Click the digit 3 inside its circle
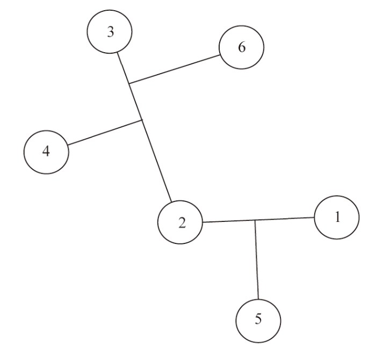click(110, 32)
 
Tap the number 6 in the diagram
click(242, 47)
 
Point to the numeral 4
click(46, 152)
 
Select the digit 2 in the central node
click(182, 223)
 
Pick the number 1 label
click(337, 217)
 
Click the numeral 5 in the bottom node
click(258, 319)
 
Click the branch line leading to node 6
click(175, 69)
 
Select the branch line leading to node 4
click(105, 132)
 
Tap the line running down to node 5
click(257, 260)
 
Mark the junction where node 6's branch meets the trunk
click(129, 83)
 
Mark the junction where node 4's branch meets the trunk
click(142, 120)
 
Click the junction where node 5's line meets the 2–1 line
click(255, 220)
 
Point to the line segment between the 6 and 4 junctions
click(136, 102)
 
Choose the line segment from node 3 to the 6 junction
click(123, 68)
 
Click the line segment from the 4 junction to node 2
click(157, 161)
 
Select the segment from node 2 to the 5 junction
click(229, 221)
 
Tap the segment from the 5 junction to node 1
click(285, 219)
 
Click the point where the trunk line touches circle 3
click(117, 53)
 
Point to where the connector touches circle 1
click(314, 218)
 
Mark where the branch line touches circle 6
click(220, 55)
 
